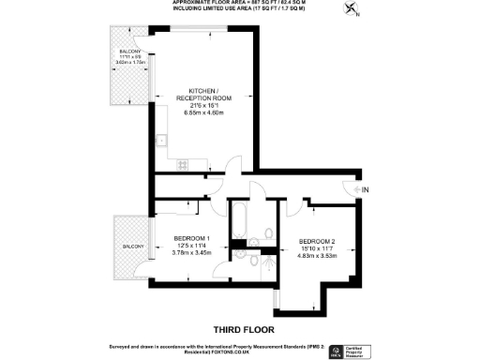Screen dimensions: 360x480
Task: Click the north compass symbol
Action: click(x=352, y=10)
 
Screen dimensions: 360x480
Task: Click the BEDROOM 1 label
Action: click(x=192, y=236)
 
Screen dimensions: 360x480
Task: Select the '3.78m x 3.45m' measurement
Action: click(x=192, y=251)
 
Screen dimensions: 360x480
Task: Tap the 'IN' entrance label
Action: click(x=365, y=191)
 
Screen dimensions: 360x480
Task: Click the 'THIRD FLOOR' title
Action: click(x=242, y=328)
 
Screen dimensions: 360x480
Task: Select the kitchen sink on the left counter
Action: click(x=161, y=142)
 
